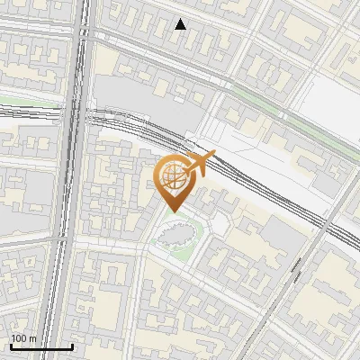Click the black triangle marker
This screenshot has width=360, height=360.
181,24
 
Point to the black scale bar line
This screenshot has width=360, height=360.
41,346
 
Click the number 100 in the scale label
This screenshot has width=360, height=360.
19,338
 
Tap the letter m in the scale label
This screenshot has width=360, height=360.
32,338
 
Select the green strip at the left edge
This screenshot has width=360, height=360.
18,99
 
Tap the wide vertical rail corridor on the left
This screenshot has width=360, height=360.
63,225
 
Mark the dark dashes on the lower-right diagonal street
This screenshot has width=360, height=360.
295,269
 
